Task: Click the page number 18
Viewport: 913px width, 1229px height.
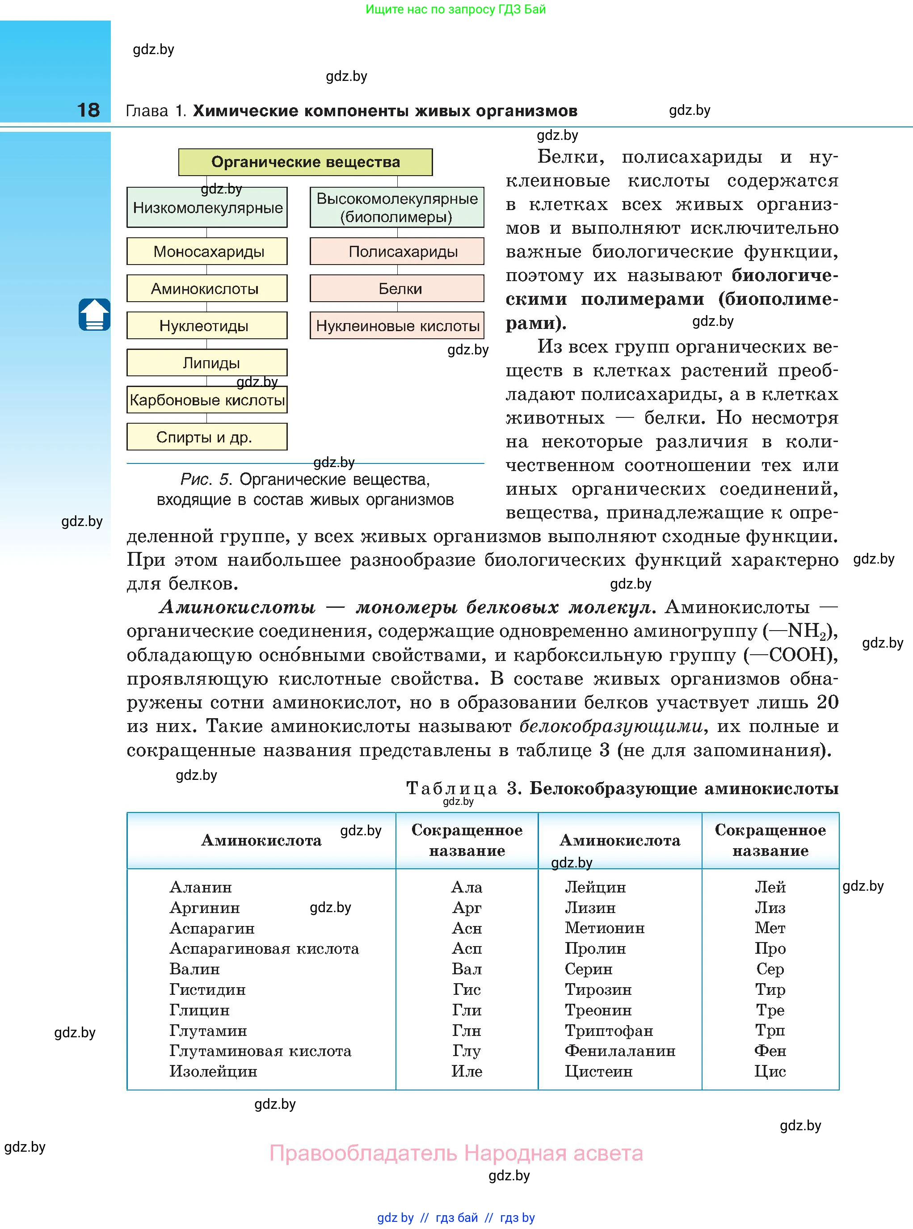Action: [88, 110]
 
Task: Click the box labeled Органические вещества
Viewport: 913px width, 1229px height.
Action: [305, 162]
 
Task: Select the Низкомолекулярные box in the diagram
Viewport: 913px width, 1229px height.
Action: [207, 208]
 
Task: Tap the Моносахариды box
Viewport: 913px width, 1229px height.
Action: [207, 252]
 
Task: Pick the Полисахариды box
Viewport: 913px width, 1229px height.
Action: [397, 252]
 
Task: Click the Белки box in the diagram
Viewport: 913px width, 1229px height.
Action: [397, 288]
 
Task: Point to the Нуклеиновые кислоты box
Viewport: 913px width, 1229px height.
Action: [397, 325]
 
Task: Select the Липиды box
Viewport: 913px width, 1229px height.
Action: [207, 363]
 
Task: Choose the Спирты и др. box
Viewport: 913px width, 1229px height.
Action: [207, 437]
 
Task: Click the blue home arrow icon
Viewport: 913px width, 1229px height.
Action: [94, 315]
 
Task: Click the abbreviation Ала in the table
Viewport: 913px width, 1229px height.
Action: [467, 888]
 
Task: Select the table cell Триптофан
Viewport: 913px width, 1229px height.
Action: [609, 1031]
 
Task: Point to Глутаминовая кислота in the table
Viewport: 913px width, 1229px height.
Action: [260, 1051]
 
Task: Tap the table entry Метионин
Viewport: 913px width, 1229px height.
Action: [605, 928]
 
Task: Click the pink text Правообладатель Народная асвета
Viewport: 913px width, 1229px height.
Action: [456, 1154]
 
